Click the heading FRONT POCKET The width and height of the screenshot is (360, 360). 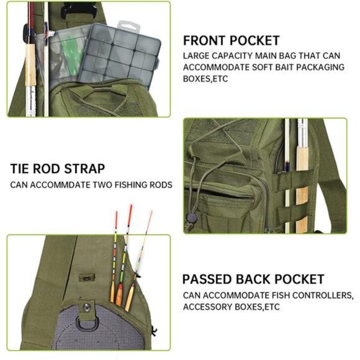click(x=231, y=40)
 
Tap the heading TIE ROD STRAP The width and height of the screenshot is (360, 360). click(x=58, y=169)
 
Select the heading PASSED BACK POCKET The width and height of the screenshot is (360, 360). click(x=253, y=279)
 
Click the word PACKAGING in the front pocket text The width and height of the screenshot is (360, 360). click(x=320, y=67)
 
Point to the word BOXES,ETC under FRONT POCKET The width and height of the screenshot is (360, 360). click(x=205, y=79)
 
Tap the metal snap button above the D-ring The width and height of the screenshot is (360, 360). click(x=87, y=307)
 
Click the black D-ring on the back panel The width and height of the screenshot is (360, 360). click(x=88, y=323)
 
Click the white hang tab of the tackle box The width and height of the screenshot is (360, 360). click(x=128, y=27)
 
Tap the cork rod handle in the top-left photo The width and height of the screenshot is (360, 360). click(x=30, y=65)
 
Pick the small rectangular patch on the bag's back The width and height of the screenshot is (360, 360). click(x=86, y=278)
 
